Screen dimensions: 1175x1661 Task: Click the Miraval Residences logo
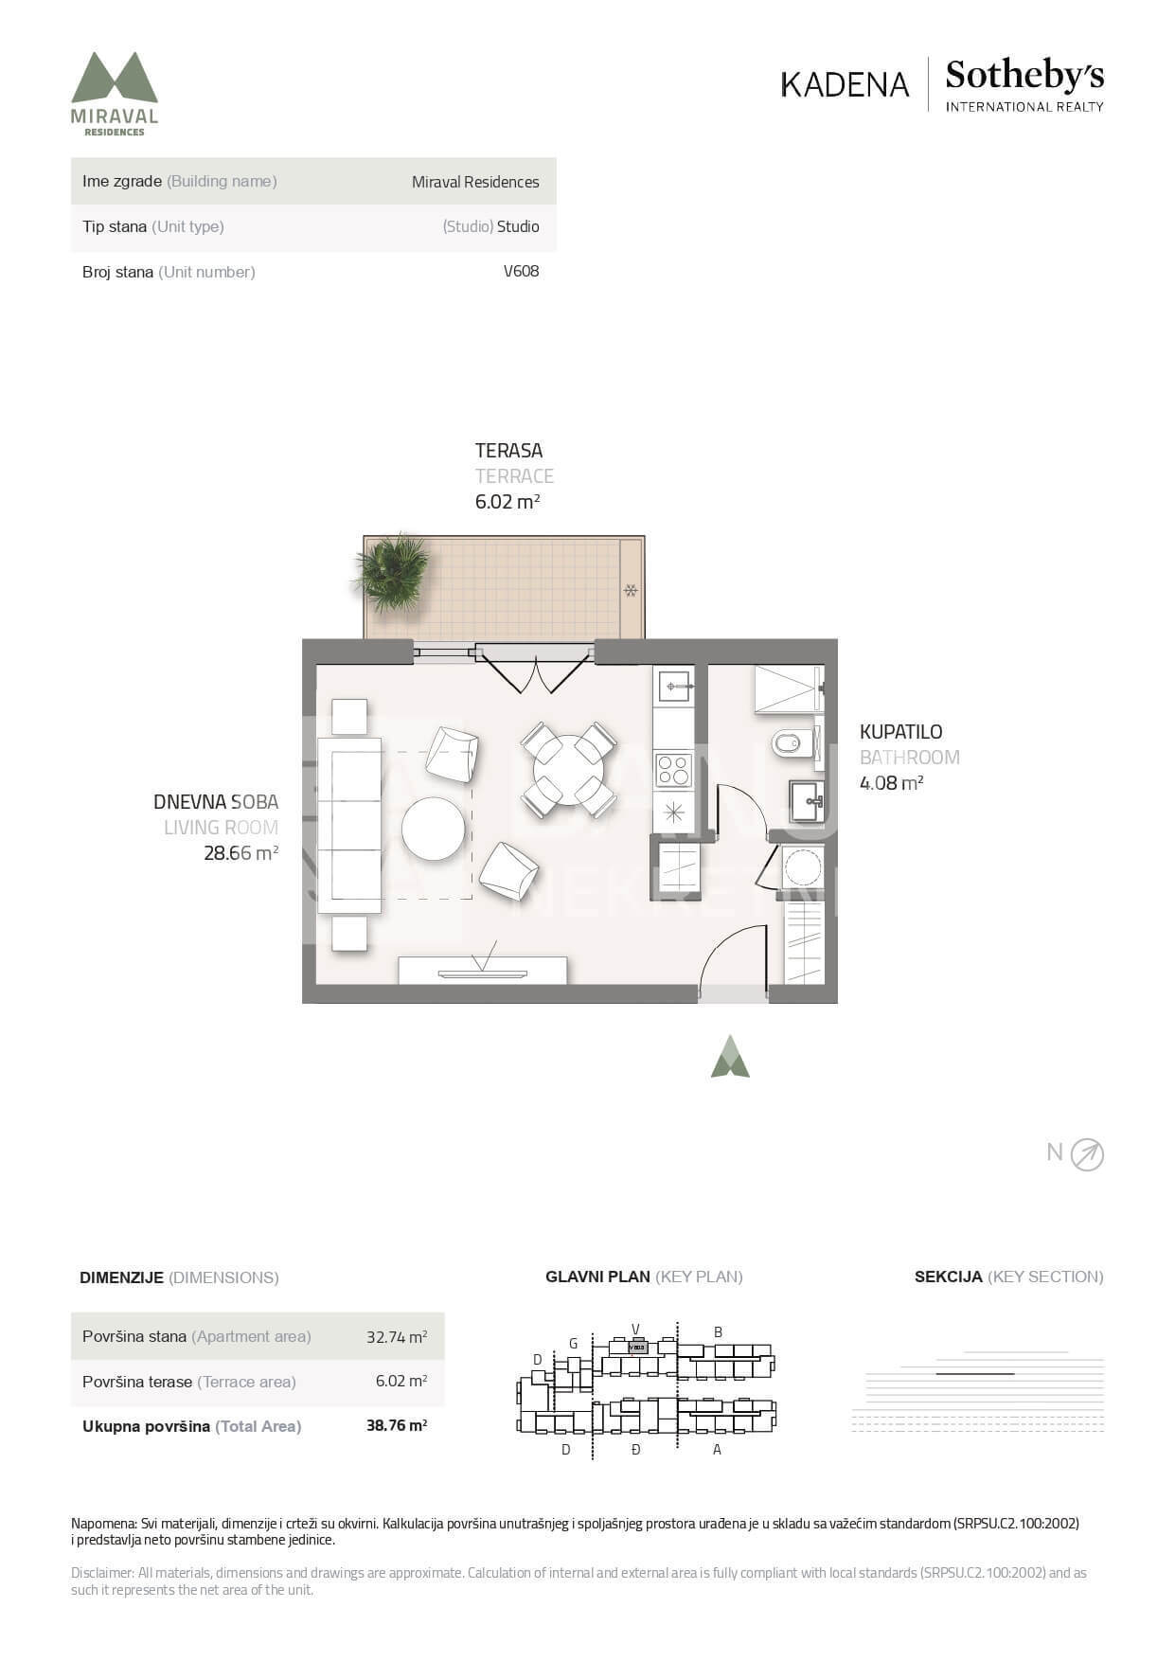pos(115,94)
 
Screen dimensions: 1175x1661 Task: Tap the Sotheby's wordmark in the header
pos(1024,75)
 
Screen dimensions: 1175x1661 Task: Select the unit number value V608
pos(521,271)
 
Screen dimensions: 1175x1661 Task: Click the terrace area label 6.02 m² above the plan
pos(507,502)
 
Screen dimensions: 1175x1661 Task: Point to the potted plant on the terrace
pos(392,572)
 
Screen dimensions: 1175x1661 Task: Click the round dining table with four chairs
pos(568,770)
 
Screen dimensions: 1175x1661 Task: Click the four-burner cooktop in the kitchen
pos(674,769)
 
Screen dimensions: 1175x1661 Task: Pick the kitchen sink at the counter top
pos(674,685)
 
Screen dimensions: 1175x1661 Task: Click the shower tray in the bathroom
pos(788,688)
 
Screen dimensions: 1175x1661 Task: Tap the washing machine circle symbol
pos(803,866)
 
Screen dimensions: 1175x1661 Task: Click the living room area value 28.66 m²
pos(241,853)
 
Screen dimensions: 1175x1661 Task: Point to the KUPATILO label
pos(900,732)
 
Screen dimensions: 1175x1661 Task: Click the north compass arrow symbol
pos(1087,1154)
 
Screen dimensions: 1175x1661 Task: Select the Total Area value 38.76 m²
pos(397,1425)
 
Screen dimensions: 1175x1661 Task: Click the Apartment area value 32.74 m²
pos(397,1337)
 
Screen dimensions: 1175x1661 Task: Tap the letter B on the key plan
pos(718,1332)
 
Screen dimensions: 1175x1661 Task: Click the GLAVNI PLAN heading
pos(597,1277)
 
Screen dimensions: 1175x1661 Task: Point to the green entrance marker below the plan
pos(730,1057)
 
